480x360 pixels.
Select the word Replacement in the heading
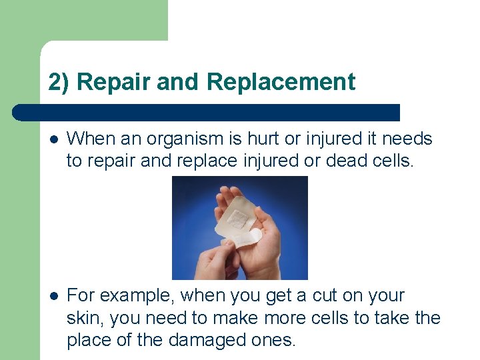[x=281, y=83]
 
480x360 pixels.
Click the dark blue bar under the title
[x=207, y=112]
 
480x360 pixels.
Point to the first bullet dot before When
[x=53, y=139]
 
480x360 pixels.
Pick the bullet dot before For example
[x=53, y=295]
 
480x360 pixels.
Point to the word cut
[x=306, y=295]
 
